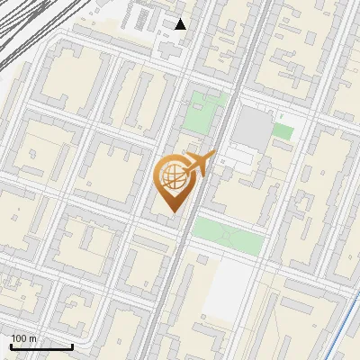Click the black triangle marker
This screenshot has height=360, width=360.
[181, 24]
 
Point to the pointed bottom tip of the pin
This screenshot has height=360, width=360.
[171, 213]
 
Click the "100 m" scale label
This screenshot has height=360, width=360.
[24, 338]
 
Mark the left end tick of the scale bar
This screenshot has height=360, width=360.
[11, 346]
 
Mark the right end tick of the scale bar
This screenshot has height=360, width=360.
[72, 346]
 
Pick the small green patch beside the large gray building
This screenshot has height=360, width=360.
[283, 131]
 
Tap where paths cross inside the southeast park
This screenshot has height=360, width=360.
[229, 237]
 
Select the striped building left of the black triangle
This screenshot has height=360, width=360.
[144, 18]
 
